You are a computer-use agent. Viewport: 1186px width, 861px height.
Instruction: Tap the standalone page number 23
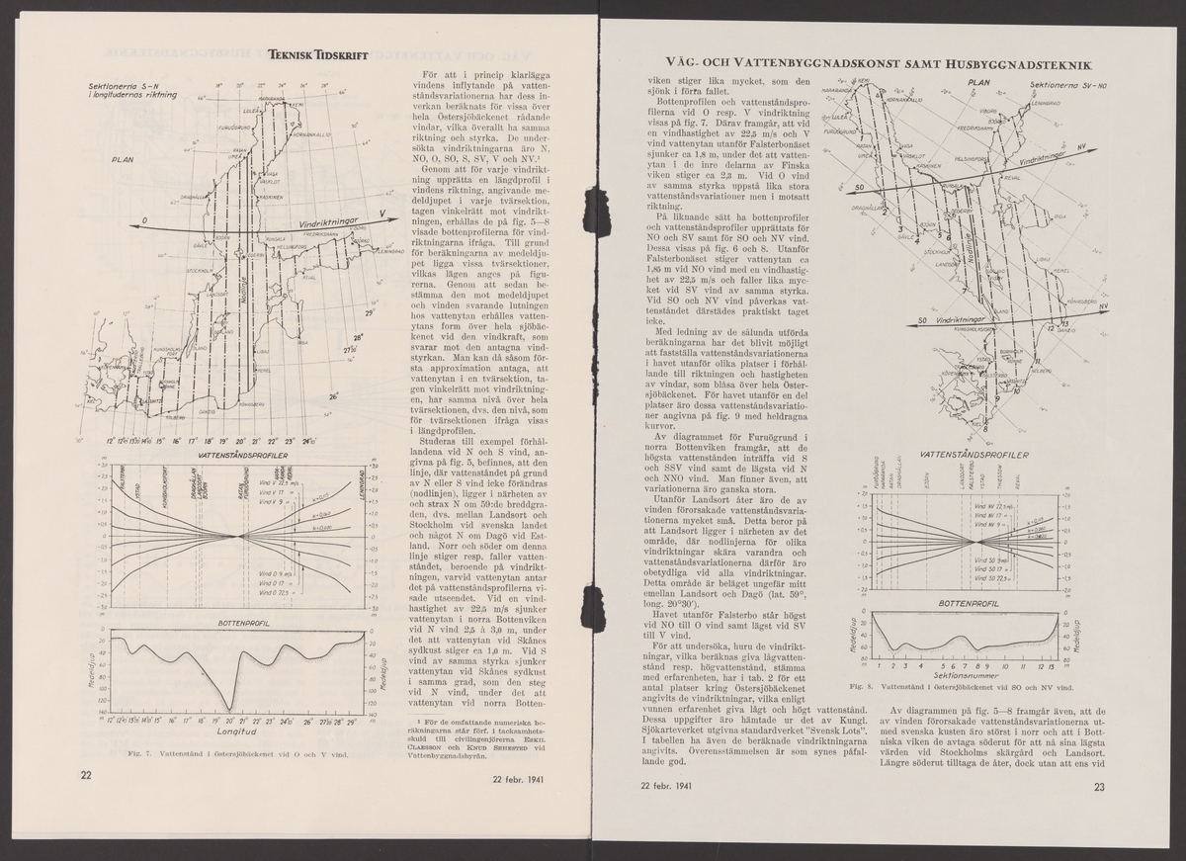pos(1098,788)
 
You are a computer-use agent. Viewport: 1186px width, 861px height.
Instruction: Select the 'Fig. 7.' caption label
pos(110,754)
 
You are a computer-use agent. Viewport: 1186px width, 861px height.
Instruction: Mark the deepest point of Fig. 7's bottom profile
pos(229,708)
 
